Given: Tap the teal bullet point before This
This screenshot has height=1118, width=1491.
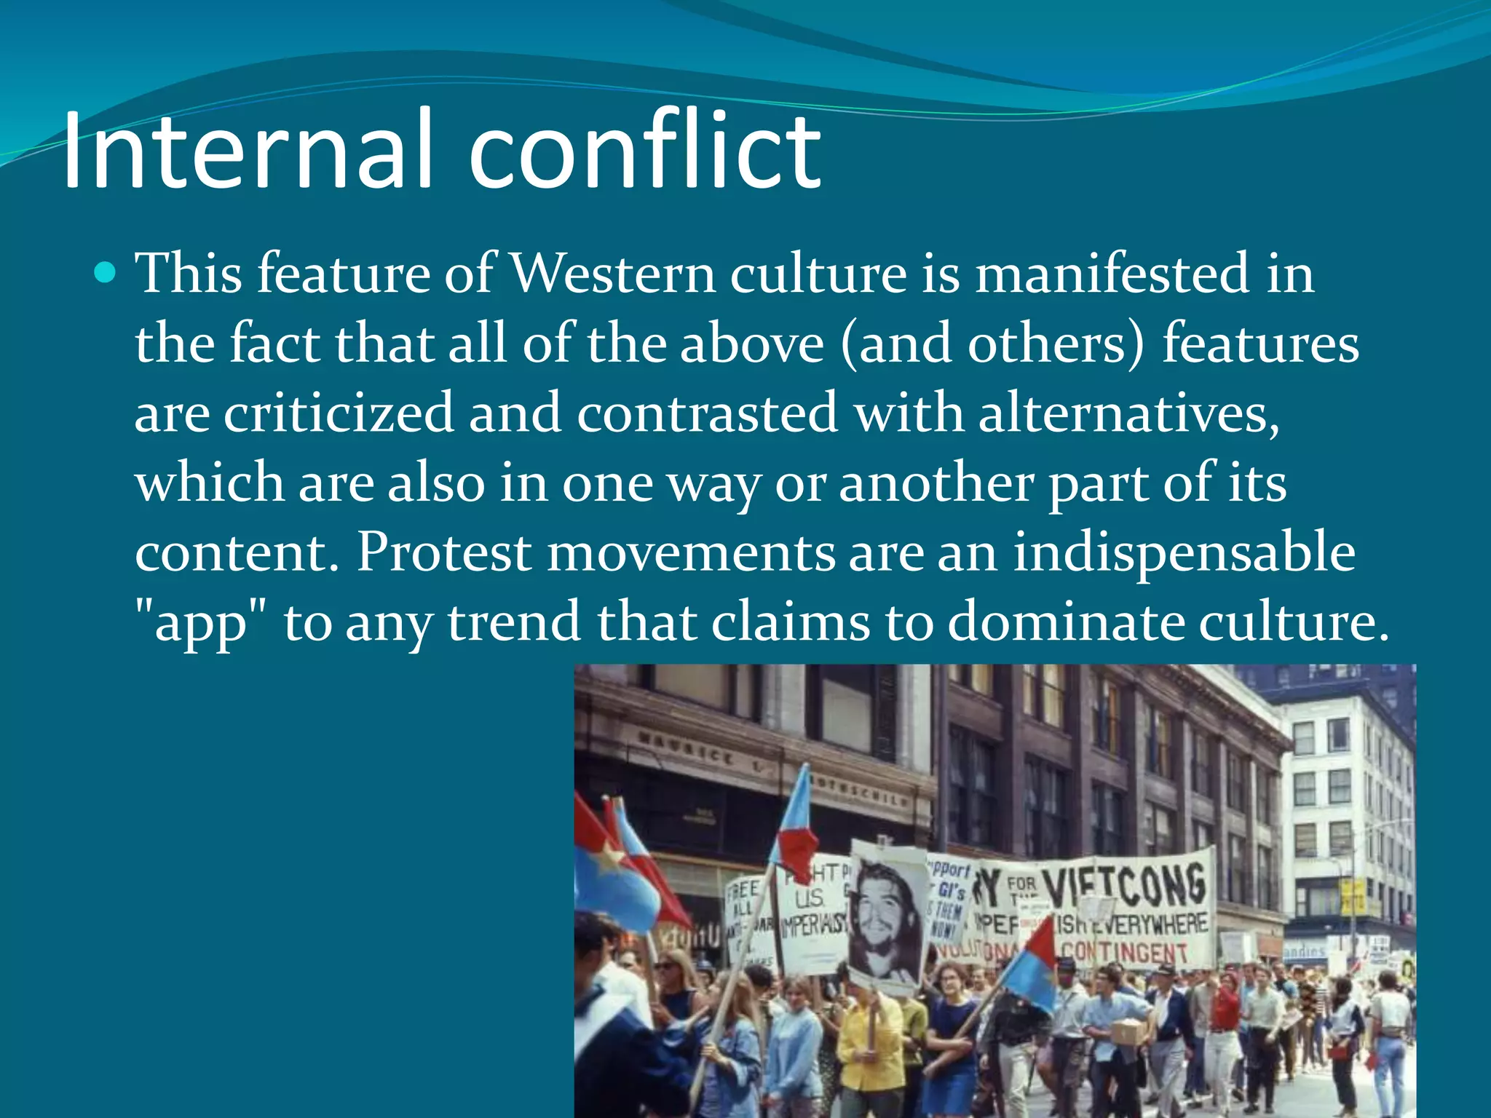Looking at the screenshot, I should [106, 273].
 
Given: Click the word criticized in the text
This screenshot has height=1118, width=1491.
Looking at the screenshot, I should [339, 413].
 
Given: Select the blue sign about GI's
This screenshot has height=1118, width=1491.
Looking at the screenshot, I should [946, 899].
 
